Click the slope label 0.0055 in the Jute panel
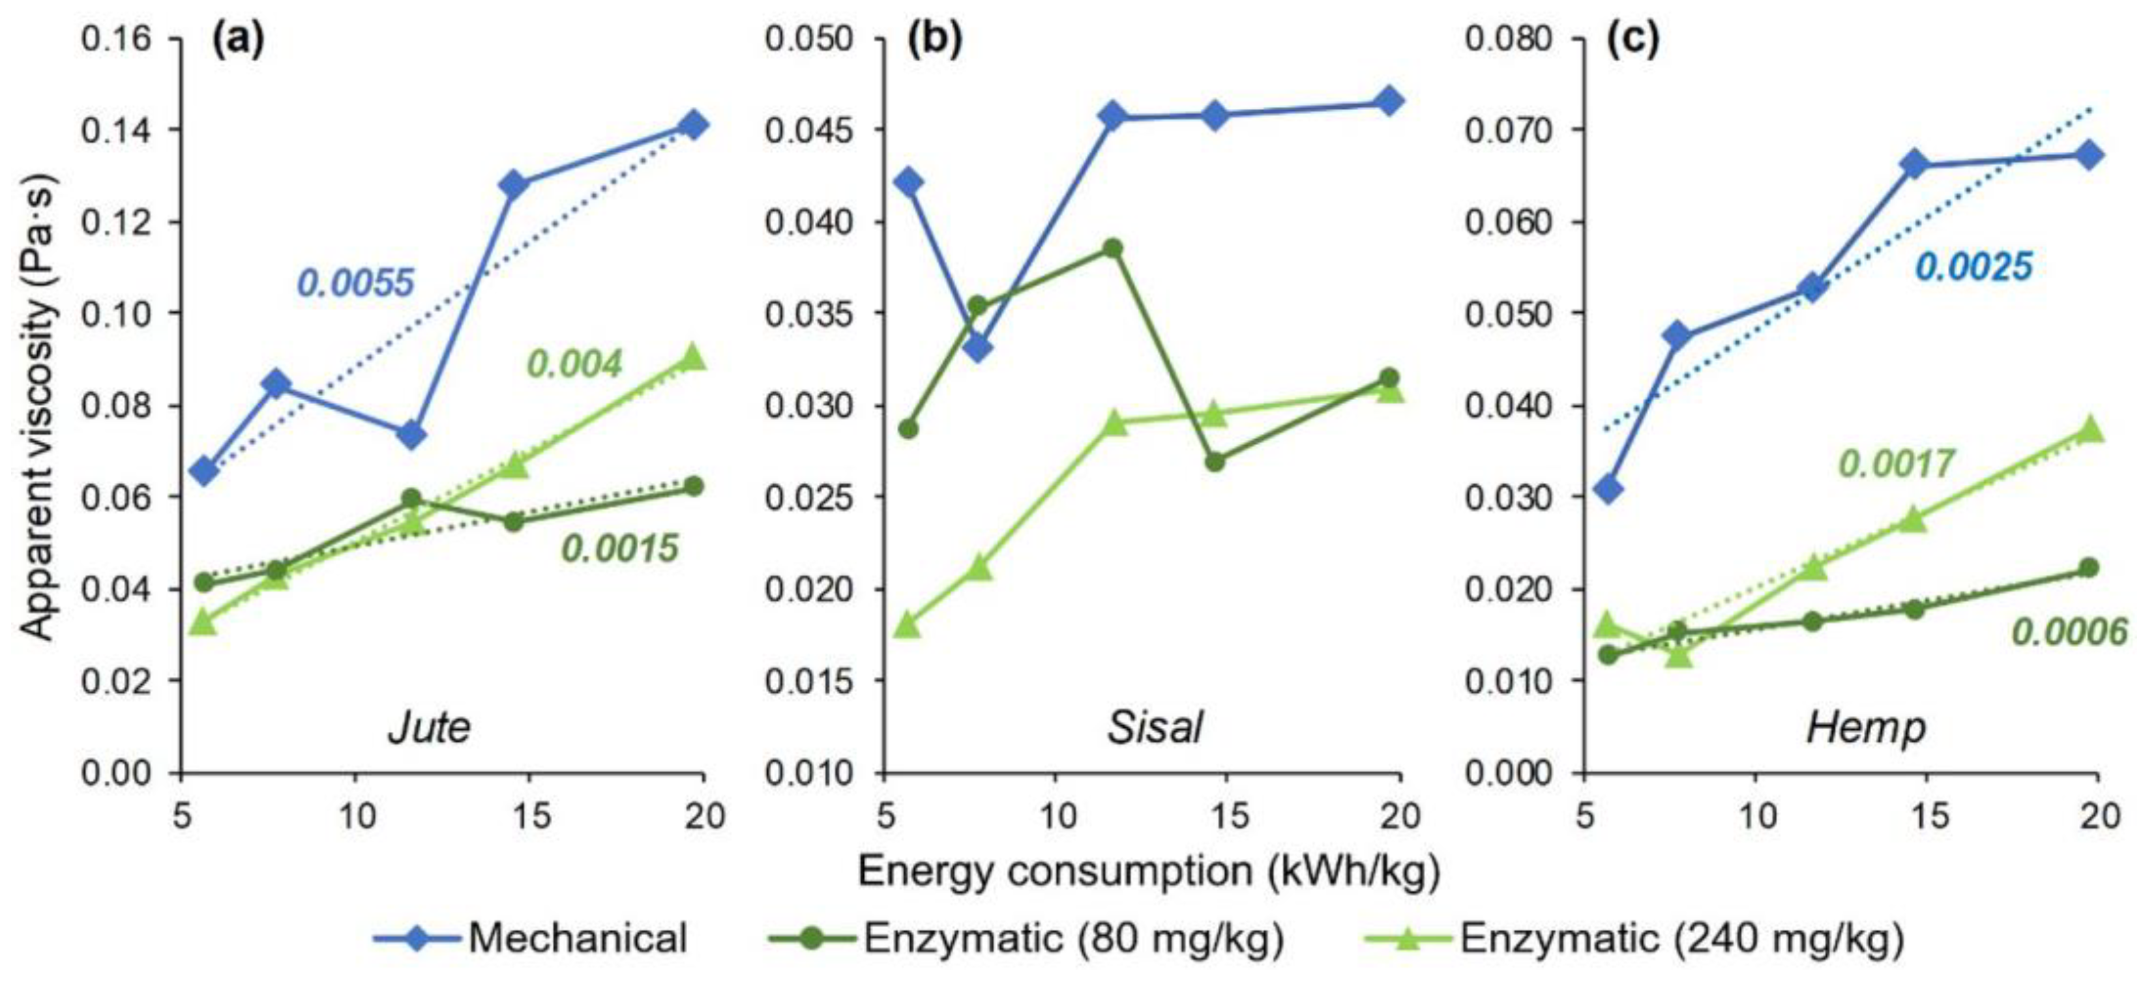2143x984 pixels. pos(355,283)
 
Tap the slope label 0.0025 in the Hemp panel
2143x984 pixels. pos(1973,267)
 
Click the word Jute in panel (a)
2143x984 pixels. pos(429,728)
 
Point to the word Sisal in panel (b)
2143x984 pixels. pos(1155,728)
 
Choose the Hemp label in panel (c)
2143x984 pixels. pos(1866,728)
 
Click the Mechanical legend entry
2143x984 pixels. pos(533,938)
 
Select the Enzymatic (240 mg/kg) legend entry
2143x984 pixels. pos(1634,938)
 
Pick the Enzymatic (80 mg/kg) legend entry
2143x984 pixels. pos(1026,938)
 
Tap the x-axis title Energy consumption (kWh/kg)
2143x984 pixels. pos(1148,871)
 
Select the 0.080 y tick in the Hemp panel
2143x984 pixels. pos(1507,39)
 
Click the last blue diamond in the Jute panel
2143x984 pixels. pos(693,126)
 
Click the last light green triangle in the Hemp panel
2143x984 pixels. pos(2089,430)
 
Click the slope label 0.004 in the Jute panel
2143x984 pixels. pos(575,364)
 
